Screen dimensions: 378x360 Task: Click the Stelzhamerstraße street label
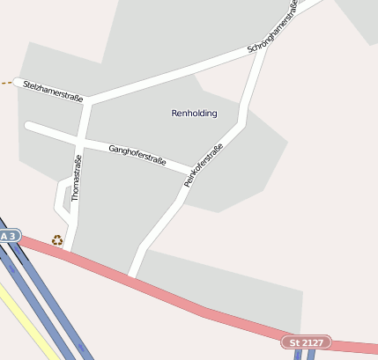(x=53, y=91)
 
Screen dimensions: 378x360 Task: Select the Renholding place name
(x=193, y=114)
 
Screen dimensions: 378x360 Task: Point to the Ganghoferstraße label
(x=137, y=154)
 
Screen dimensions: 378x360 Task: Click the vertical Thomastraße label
(x=77, y=178)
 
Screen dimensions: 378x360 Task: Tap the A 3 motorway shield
(x=8, y=237)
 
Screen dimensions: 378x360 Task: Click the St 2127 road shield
(x=306, y=341)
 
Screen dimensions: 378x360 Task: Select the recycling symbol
(x=57, y=239)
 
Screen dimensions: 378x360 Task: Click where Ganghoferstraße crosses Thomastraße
(x=80, y=141)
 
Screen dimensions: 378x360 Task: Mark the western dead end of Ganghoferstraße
(x=29, y=126)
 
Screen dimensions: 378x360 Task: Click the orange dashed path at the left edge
(x=6, y=84)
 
